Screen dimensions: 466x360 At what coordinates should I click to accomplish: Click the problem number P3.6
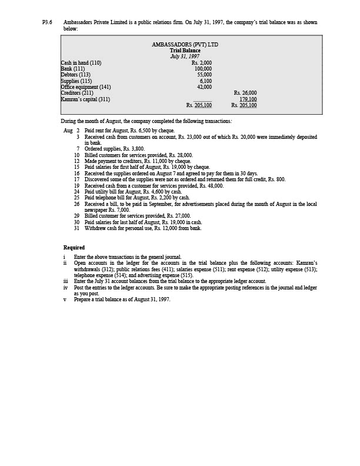47,22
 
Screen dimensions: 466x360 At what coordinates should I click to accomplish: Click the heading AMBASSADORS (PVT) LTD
185,45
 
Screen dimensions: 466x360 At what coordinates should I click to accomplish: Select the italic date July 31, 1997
185,56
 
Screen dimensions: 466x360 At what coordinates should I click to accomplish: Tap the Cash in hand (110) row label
81,62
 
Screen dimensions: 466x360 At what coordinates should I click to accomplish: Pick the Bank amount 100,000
203,69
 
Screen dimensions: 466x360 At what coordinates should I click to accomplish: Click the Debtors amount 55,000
204,75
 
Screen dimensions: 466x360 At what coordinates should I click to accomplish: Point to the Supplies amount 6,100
205,81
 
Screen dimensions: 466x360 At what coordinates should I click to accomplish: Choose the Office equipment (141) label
86,87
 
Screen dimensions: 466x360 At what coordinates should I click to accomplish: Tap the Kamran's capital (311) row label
85,99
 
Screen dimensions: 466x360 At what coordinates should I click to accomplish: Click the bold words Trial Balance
185,51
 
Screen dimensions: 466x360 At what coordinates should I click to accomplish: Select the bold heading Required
74,248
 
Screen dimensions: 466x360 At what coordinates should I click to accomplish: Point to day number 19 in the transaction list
76,185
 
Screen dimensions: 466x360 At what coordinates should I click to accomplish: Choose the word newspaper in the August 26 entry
96,210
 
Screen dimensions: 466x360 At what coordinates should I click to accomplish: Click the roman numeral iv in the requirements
66,288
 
